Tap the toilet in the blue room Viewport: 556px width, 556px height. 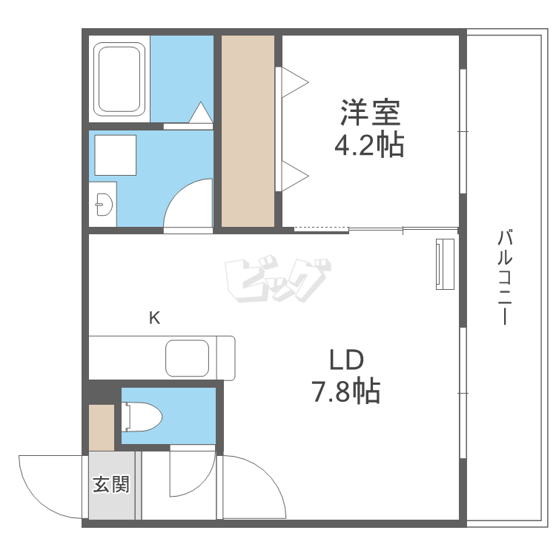click(x=142, y=417)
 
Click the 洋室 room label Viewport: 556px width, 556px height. click(x=370, y=114)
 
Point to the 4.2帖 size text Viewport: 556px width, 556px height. click(x=370, y=146)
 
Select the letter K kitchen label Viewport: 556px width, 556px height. click(x=154, y=319)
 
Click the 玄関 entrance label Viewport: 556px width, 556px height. click(x=111, y=485)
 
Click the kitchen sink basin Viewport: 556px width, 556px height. click(x=189, y=359)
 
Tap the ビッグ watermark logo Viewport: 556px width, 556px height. click(x=275, y=281)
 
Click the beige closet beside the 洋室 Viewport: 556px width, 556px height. click(x=248, y=130)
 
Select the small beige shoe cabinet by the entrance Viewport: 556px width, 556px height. click(x=102, y=428)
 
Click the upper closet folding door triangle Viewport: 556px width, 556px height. click(x=293, y=82)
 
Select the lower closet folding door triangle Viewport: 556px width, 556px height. click(x=293, y=176)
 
